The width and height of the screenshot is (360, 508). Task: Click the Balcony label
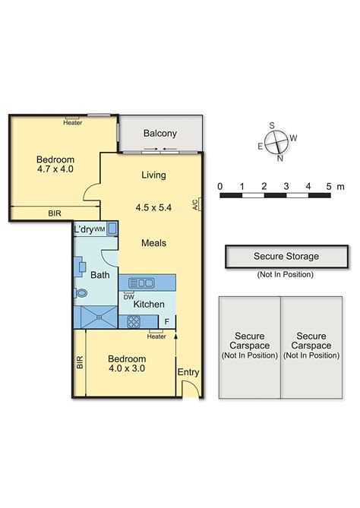coord(160,134)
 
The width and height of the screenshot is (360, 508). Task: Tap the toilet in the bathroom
coord(81,293)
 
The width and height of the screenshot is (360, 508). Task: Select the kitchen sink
coord(141,282)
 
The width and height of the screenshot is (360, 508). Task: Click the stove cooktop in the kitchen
coord(134,322)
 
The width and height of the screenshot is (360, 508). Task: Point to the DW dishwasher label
coord(128,297)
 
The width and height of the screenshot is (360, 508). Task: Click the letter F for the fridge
coord(167,322)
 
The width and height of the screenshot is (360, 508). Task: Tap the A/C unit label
coord(195,204)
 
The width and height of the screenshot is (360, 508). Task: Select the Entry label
coord(188,372)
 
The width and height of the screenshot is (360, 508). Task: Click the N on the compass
coord(280,158)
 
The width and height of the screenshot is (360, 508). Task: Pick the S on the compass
coord(272,125)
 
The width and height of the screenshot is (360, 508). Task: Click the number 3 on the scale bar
coord(286,186)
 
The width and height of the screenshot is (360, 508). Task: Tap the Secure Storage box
coord(287,257)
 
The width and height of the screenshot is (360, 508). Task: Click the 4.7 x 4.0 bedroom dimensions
coord(55,169)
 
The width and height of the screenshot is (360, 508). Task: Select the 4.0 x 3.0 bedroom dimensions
coord(127,368)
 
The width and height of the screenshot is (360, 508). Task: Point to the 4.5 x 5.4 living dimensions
coord(153,207)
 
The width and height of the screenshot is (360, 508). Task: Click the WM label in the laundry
coord(99,229)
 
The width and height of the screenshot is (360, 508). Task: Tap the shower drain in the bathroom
coord(99,317)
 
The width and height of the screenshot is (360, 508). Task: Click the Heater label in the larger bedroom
coord(73,123)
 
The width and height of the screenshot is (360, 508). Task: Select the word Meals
coord(154,243)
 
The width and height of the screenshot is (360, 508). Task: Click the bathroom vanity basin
coord(82,267)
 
